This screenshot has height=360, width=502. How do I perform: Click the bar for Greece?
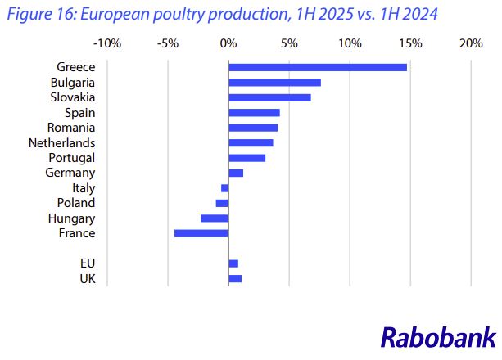tap(318, 67)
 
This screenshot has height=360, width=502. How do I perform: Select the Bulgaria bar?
tap(274, 82)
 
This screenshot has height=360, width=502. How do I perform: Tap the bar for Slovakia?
tap(269, 97)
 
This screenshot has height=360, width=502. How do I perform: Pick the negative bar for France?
tap(201, 233)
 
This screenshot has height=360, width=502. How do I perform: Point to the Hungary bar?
tap(215, 218)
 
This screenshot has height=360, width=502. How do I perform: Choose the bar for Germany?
tap(236, 173)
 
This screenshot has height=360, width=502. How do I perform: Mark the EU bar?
tap(233, 263)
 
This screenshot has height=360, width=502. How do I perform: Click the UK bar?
tap(235, 279)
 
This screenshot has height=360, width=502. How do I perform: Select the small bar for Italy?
tap(224, 188)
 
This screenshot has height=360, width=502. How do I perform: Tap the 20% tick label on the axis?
tap(471, 43)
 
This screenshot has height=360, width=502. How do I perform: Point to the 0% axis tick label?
tap(228, 43)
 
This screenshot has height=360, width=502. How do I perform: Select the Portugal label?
tap(71, 157)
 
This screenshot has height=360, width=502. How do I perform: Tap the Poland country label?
tap(76, 203)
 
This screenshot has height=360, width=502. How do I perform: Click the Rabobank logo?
tap(438, 337)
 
